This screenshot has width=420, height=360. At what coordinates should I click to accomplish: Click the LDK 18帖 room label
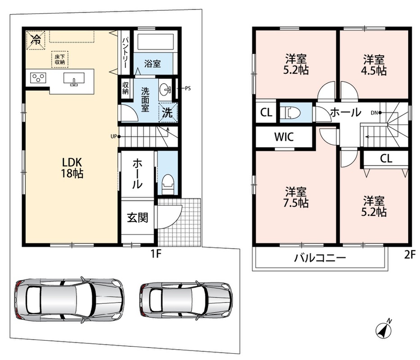[72, 168]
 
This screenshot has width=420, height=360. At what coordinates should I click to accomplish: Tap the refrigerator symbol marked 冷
[36, 40]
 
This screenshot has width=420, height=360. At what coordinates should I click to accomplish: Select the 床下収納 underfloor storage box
[60, 59]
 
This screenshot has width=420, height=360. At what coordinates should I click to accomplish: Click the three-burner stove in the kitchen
[38, 78]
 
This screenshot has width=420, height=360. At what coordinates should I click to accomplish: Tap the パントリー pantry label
[125, 53]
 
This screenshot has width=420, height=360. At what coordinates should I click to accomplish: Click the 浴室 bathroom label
[153, 64]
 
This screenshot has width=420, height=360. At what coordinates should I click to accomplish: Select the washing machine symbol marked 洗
[167, 112]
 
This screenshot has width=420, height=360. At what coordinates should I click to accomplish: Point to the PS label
[188, 88]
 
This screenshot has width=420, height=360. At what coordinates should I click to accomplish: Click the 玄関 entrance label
[137, 217]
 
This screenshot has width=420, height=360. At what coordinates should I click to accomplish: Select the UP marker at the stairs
[113, 137]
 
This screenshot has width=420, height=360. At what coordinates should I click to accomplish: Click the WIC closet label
[284, 137]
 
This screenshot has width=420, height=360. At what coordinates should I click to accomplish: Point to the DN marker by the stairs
[374, 113]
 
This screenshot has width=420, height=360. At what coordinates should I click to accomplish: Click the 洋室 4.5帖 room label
[374, 65]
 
